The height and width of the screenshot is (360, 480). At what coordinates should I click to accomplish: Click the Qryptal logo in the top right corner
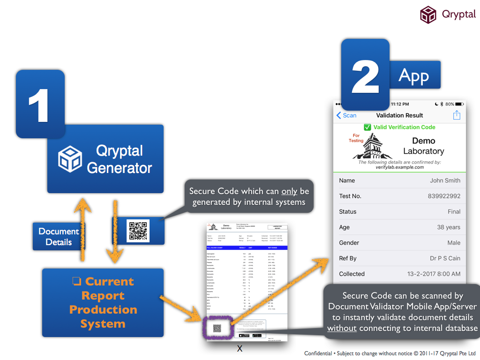point(428,15)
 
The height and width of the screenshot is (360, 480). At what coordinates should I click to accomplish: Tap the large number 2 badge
point(365,75)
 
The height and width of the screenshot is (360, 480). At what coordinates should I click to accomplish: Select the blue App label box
point(414,75)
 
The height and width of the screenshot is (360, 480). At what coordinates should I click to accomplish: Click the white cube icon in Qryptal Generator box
point(70,159)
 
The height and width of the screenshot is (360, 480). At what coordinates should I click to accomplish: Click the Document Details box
point(59,237)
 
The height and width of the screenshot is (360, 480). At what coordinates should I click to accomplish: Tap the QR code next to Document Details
point(138,231)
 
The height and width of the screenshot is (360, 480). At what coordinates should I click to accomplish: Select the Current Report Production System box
point(103,302)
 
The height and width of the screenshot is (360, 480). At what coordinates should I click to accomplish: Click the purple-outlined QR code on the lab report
point(217,328)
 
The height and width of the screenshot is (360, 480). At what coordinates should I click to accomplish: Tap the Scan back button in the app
point(346,115)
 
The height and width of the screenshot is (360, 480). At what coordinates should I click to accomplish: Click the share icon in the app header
point(457,115)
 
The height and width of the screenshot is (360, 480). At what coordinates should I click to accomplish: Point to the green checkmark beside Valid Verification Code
point(367,127)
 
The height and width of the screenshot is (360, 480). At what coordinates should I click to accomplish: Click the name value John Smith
point(445,180)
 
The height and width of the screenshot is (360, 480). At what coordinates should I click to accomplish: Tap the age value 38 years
point(449,227)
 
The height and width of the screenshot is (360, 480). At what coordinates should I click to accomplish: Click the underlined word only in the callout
point(289,191)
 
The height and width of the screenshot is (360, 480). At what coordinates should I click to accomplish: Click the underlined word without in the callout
point(342,328)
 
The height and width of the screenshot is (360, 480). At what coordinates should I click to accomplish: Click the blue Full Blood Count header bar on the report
point(246,247)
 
